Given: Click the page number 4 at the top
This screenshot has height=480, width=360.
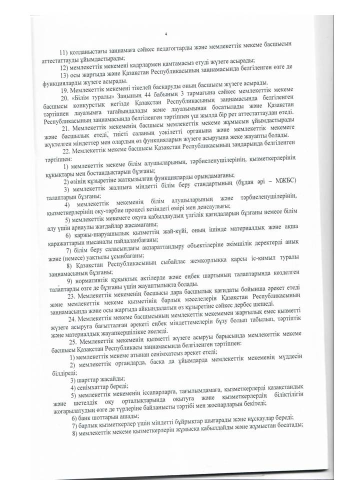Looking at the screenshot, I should point(165,34).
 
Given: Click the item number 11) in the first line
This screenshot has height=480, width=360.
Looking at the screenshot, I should point(63,53).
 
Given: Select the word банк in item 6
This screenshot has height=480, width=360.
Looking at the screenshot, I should point(84,416).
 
